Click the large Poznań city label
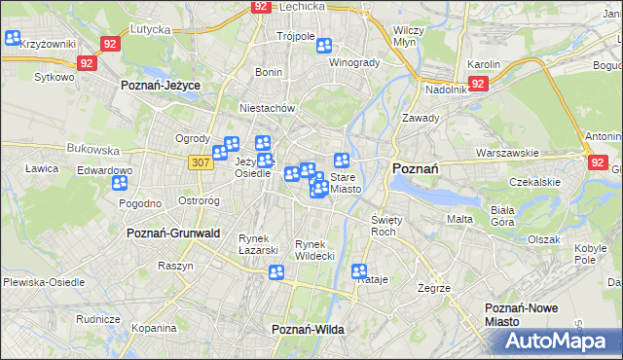(415, 168)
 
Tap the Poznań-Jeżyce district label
(161, 86)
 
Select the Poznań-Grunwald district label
(173, 234)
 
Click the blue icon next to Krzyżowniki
(13, 39)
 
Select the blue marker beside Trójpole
(324, 45)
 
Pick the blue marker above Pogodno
(121, 183)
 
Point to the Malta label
(459, 219)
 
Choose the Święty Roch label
(386, 227)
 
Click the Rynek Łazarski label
(252, 243)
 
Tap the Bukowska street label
(93, 151)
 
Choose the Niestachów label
(267, 109)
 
